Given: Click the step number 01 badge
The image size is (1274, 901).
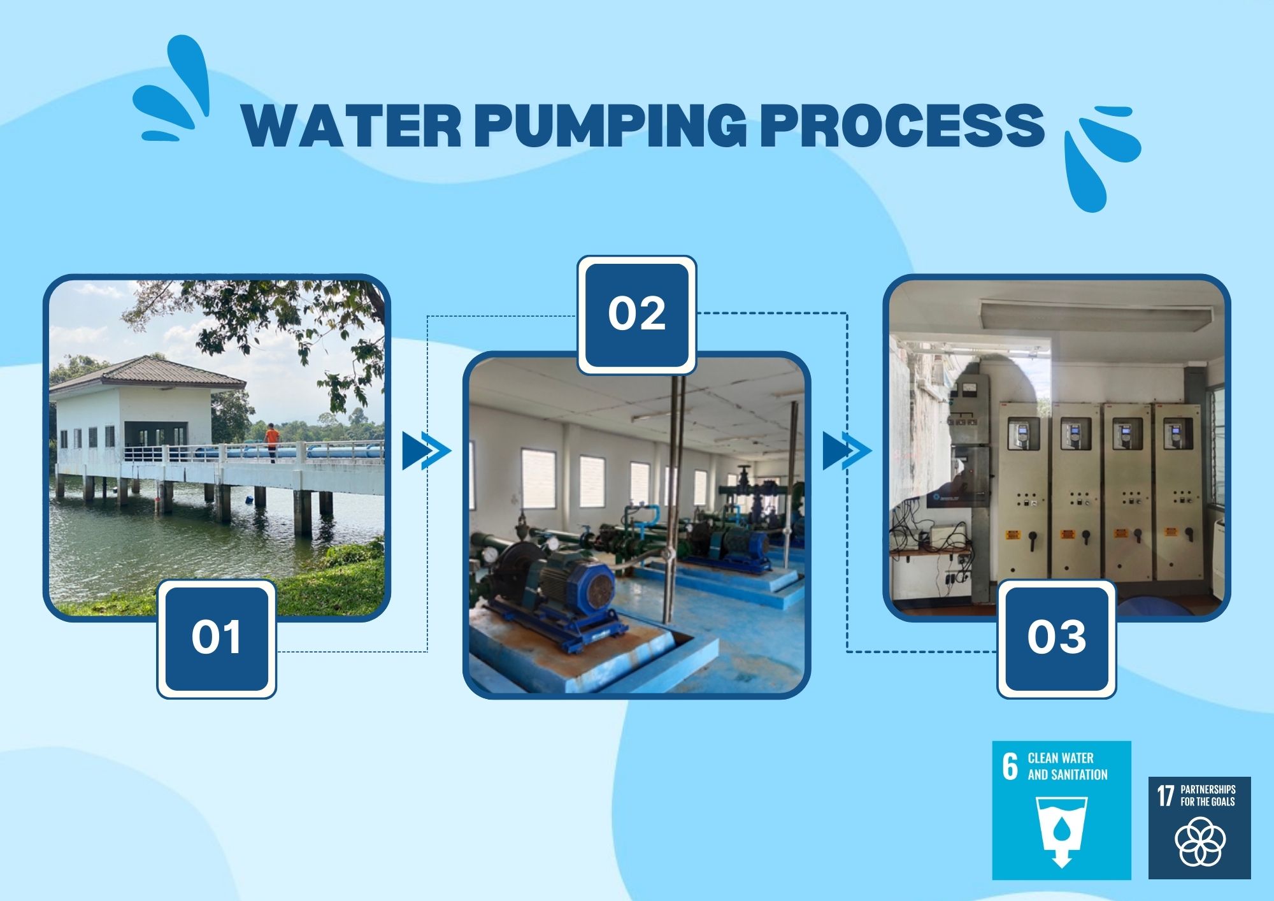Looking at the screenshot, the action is point(217,638).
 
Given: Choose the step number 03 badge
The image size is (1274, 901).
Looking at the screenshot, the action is point(1056,638).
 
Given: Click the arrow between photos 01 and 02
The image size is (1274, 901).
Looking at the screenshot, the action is point(426,451).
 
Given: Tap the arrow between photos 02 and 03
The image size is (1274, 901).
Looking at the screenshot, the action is point(847,451).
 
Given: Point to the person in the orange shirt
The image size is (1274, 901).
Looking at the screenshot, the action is point(272,442).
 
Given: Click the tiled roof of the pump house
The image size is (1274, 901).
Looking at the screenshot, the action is point(147,372).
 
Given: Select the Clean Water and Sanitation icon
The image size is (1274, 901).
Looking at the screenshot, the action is point(1061,810).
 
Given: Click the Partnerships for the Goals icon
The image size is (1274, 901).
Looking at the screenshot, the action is point(1199,828).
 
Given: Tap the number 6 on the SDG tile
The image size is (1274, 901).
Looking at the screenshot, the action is point(1010,766).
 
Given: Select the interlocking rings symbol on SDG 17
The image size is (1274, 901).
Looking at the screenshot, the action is point(1199,842).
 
